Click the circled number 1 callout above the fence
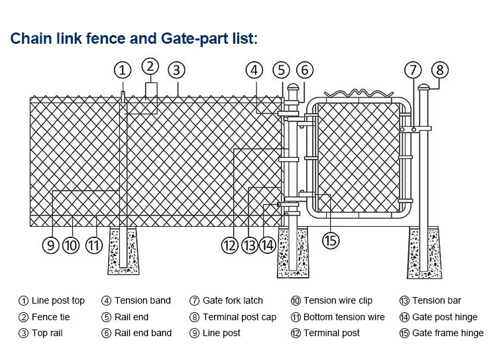point(122,70)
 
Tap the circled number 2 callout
point(150,66)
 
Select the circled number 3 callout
point(176,70)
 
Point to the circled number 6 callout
point(304,70)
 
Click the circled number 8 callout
point(440,70)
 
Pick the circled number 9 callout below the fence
point(51,245)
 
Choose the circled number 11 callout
point(95,245)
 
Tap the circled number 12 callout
point(229,245)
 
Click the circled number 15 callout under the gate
point(330,240)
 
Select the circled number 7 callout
point(414,70)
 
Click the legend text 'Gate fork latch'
point(233,300)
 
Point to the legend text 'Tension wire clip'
point(338,300)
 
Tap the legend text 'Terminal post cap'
point(239,317)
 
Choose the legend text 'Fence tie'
point(50,317)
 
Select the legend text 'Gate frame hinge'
point(448,333)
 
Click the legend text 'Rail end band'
point(142,333)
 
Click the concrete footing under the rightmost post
point(424,252)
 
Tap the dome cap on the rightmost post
point(424,87)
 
